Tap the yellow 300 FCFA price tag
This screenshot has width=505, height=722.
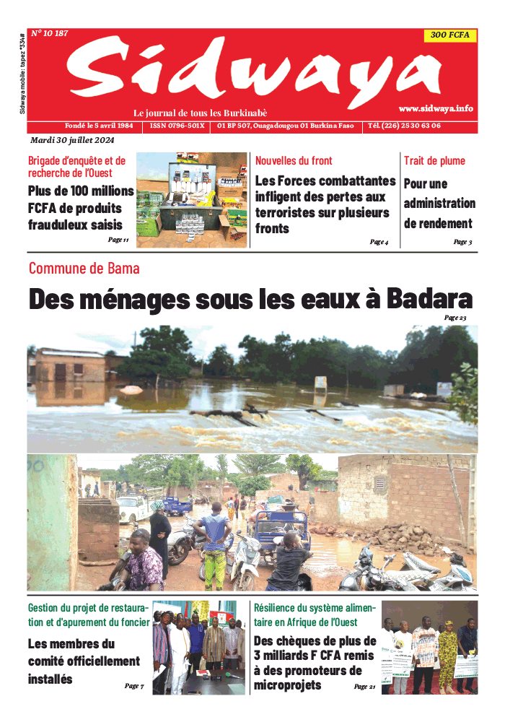(x=450, y=35)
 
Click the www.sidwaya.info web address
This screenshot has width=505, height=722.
(x=436, y=108)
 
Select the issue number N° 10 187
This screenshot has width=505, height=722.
(x=50, y=33)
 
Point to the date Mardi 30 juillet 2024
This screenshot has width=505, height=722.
(x=72, y=140)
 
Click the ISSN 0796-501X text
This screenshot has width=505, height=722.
(x=177, y=126)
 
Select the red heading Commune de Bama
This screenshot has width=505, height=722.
(x=84, y=269)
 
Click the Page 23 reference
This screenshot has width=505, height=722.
(x=455, y=318)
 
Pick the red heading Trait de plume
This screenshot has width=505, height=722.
(x=434, y=161)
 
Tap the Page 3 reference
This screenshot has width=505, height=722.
(x=462, y=242)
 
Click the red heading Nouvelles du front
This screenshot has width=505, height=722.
(x=294, y=161)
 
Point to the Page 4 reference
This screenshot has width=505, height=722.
(x=379, y=242)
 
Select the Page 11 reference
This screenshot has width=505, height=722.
(x=118, y=240)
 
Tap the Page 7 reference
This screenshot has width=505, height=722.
(x=134, y=686)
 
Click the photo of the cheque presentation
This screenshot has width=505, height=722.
(x=429, y=648)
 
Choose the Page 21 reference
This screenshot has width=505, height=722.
(x=364, y=687)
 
